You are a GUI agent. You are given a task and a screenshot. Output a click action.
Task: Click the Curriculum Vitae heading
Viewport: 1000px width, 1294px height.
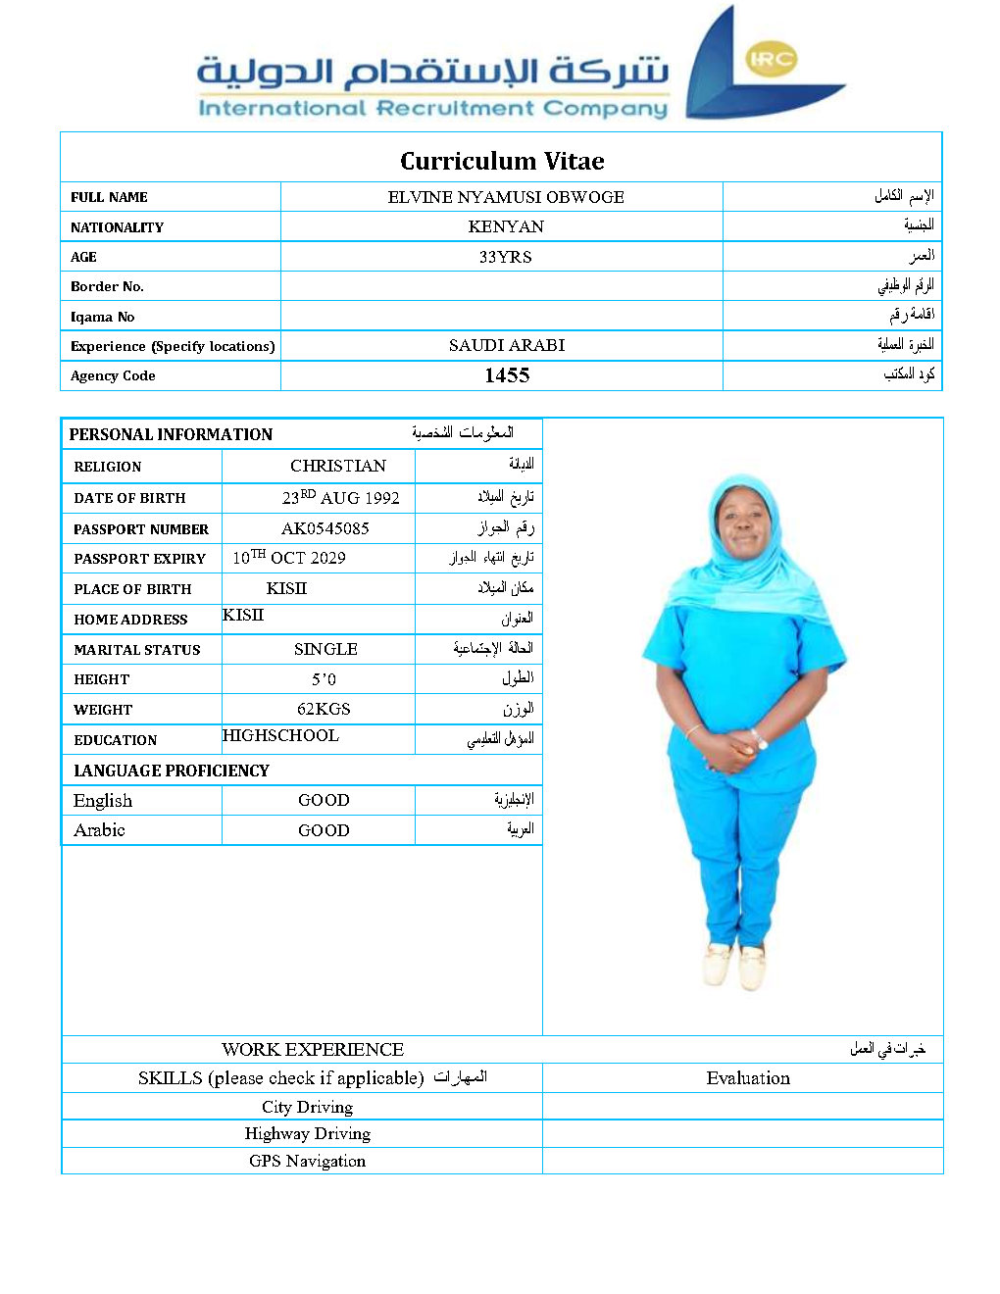pos(502,161)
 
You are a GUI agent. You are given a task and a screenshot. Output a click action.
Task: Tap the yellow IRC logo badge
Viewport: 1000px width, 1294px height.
pos(771,59)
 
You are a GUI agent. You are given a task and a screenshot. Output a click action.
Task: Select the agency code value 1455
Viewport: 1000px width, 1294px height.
pos(507,375)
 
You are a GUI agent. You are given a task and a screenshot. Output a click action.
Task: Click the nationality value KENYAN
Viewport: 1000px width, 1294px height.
pos(506,226)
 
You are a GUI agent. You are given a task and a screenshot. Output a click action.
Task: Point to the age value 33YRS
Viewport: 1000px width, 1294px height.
pos(505,257)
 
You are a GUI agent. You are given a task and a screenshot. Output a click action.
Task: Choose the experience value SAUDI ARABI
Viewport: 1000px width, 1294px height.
pos(507,345)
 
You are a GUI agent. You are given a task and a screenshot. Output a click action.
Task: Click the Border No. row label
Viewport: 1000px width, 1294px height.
pos(107,286)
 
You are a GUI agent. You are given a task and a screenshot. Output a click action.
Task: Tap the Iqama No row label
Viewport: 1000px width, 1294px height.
pos(102,317)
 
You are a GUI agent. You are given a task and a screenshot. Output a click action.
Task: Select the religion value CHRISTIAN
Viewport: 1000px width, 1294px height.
pos(338,466)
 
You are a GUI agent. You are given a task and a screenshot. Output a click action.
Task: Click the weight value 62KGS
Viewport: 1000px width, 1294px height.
pos(324,709)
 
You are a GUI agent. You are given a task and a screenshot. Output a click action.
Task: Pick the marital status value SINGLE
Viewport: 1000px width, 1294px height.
pos(325,649)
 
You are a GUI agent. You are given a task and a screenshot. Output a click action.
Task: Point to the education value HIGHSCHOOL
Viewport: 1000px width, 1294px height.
pos(280,735)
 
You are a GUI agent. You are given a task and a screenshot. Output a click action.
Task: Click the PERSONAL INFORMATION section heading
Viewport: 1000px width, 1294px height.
pos(171,434)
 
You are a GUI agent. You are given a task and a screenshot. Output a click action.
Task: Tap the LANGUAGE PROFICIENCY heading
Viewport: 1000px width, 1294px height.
pos(172,771)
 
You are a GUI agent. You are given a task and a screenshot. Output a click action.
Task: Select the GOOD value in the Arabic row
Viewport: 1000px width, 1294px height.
pos(324,830)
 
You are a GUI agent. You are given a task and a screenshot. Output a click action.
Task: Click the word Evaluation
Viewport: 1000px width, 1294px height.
pos(748,1078)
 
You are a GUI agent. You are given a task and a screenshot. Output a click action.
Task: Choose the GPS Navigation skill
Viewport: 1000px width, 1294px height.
pos(307,1161)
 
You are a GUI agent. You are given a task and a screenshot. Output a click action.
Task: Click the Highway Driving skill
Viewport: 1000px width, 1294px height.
pos(307,1133)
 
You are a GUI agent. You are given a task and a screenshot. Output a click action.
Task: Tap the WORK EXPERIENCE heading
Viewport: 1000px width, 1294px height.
pos(313,1050)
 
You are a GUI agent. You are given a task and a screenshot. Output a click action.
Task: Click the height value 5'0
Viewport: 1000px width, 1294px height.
pos(324,679)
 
